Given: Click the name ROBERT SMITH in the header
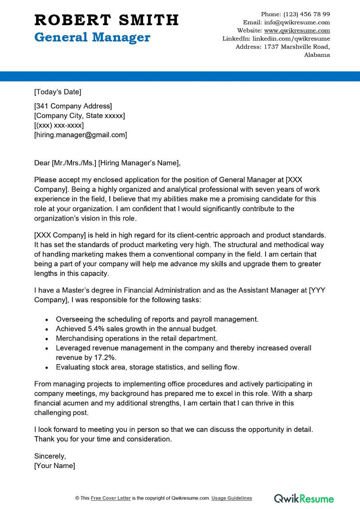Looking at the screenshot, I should [107, 20].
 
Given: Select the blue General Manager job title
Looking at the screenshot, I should [92, 37].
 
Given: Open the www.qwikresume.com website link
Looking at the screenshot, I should [297, 31].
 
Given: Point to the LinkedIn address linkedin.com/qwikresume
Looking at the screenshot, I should [291, 39].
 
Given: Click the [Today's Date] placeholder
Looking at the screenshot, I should [58, 92].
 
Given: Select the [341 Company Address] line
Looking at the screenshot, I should [73, 106].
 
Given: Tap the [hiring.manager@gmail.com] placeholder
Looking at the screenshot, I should [81, 135].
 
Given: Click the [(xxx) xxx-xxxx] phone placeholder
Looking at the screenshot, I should [59, 125].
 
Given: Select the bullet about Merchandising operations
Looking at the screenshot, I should [136, 338].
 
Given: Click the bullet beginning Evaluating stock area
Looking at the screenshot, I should [147, 367].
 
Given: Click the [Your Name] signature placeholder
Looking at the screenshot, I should [55, 465].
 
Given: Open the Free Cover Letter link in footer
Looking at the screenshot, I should [111, 498].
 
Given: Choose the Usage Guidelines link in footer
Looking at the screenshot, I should [232, 498].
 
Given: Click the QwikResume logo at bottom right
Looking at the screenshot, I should [304, 498].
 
